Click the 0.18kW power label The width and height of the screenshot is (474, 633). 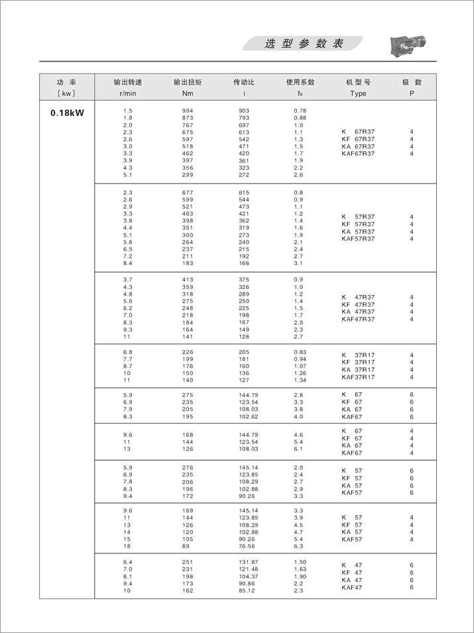tap(67, 113)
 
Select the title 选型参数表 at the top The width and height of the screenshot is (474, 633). tap(303, 44)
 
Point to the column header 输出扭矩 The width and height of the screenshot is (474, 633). tap(187, 82)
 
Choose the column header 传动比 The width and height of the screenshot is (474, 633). tap(244, 82)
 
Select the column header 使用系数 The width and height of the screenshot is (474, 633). tap(300, 82)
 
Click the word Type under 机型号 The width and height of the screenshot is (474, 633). tap(358, 93)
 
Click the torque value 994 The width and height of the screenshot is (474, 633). tap(188, 111)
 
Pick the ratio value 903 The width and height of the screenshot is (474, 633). tap(244, 111)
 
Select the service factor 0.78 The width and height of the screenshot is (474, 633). tap(300, 111)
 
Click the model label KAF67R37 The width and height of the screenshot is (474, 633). tap(358, 154)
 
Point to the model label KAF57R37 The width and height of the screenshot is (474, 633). tap(358, 239)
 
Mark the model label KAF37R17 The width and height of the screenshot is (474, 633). tap(358, 377)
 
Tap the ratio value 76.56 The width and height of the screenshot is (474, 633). tap(247, 547)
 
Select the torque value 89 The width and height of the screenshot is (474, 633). tap(186, 547)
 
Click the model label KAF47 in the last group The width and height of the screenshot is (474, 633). tap(352, 587)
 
